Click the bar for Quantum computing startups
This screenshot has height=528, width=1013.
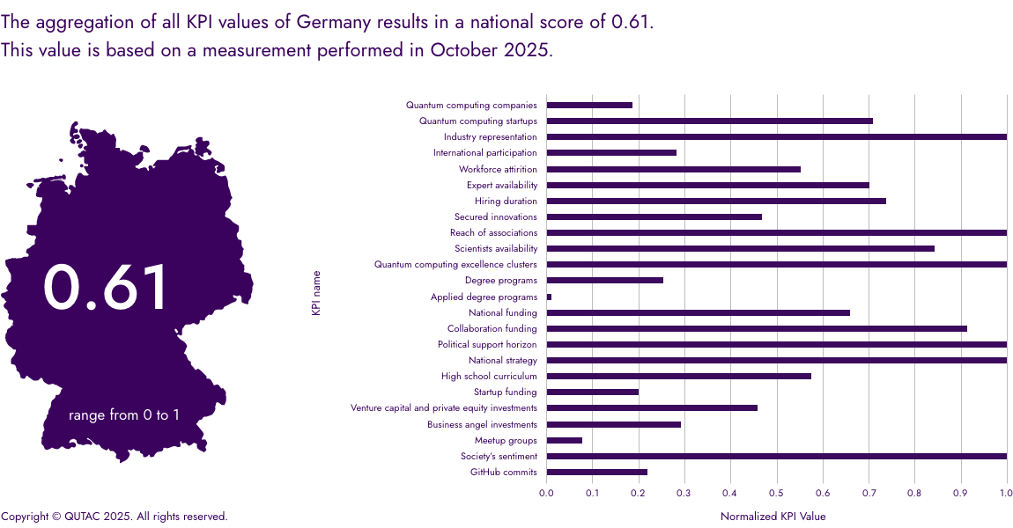[709, 121]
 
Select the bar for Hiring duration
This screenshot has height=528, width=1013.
[715, 202]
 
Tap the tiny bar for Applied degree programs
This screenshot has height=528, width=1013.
[549, 297]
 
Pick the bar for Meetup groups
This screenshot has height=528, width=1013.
[564, 441]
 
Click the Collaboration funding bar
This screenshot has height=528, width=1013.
[756, 329]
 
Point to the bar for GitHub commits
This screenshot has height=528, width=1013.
[596, 473]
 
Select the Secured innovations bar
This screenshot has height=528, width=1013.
[654, 217]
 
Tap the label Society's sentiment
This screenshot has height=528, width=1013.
[499, 457]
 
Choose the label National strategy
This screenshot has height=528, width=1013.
[502, 361]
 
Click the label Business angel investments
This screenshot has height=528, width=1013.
[482, 425]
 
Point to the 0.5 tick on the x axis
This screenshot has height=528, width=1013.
[776, 494]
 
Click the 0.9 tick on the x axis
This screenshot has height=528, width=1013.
[960, 494]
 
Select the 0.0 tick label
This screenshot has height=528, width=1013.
[546, 494]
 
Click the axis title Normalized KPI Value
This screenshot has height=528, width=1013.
[773, 517]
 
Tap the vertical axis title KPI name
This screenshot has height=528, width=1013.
[316, 293]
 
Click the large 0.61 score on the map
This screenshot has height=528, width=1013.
[106, 289]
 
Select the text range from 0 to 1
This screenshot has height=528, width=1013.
[123, 414]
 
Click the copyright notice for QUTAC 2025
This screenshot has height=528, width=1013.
[115, 517]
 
